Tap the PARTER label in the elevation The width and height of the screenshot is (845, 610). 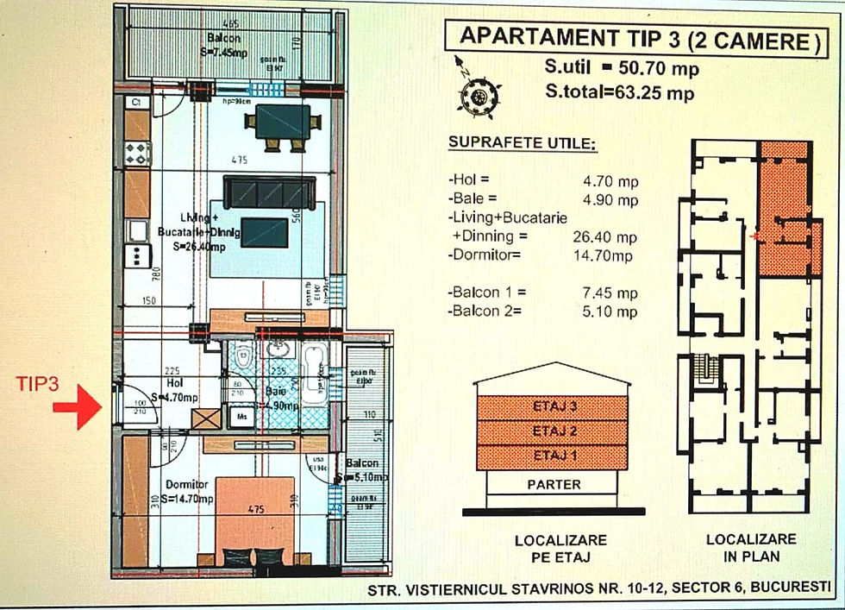click(x=554, y=485)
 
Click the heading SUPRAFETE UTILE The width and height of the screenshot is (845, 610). click(x=522, y=142)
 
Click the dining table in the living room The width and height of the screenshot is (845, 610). click(x=282, y=121)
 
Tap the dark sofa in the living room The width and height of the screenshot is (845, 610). click(x=269, y=191)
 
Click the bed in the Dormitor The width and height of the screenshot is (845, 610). click(x=254, y=518)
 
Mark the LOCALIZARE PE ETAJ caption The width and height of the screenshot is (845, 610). click(x=560, y=549)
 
